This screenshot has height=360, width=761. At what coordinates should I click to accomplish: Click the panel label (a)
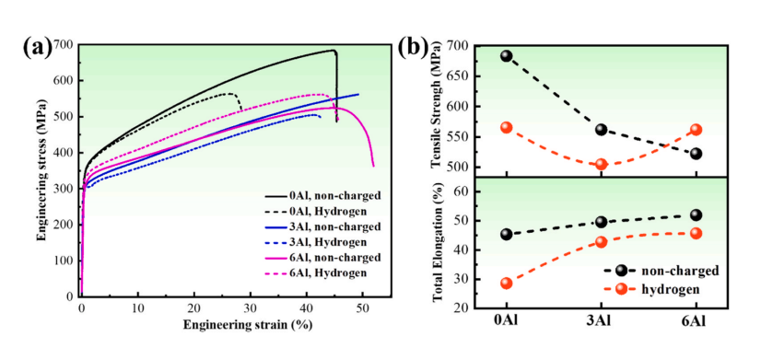pos(37,48)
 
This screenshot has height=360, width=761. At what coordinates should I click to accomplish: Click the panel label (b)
pos(413,48)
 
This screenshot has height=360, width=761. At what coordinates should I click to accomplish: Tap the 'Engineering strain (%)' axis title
pos(247,325)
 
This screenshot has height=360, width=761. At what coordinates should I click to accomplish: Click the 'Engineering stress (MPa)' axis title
pos(42,170)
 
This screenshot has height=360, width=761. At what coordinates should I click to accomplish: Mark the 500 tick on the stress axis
pos(66,117)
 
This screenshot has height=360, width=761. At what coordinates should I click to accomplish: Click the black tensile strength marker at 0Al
pos(507,56)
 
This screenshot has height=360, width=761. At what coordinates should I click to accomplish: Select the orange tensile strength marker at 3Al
pos(602,165)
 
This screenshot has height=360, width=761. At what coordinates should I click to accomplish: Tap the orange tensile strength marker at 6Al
pos(697,130)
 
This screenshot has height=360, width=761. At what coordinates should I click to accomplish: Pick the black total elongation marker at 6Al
pos(697,215)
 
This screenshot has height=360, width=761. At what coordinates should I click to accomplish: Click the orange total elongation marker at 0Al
pos(507,284)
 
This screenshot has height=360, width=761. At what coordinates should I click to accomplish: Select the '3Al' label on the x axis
pos(602,321)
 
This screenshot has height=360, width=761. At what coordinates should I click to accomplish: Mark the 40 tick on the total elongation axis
pos(464,250)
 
